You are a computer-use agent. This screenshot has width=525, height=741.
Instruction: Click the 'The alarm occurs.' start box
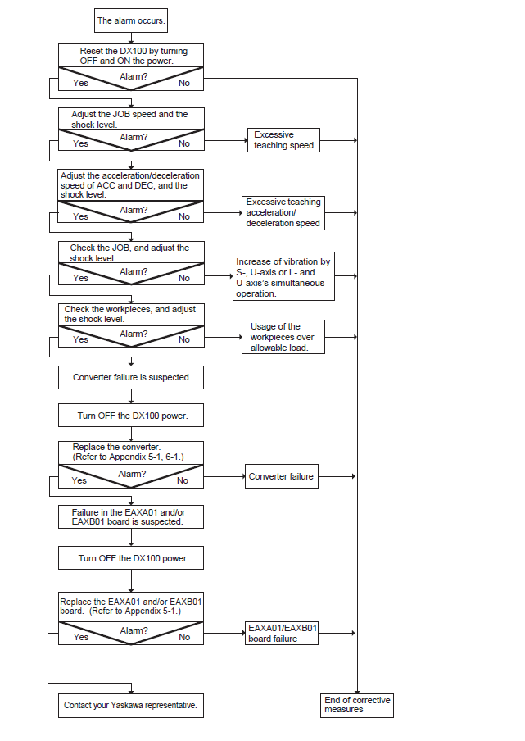click(x=131, y=20)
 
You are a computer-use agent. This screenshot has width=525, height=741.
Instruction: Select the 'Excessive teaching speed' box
click(x=283, y=140)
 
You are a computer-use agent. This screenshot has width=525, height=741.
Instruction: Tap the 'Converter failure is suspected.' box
click(x=131, y=377)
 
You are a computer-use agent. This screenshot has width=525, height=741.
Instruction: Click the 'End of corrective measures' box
click(x=357, y=705)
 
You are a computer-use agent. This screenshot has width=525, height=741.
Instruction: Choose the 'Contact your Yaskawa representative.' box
click(x=131, y=705)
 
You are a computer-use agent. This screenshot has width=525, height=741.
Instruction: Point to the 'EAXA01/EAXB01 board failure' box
click(x=282, y=634)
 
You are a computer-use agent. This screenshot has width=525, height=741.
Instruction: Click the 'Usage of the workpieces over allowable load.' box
click(x=283, y=337)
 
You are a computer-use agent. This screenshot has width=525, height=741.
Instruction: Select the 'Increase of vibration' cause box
click(x=283, y=276)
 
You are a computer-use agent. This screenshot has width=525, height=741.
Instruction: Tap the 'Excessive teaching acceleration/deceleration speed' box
click(x=283, y=212)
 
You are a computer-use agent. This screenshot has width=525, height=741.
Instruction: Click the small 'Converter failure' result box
click(x=282, y=476)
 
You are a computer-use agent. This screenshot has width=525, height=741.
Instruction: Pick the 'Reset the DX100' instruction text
click(x=134, y=56)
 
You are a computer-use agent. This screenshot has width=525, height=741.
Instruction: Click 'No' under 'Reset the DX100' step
click(x=184, y=83)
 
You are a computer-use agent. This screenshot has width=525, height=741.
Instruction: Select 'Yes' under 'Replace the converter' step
click(x=79, y=480)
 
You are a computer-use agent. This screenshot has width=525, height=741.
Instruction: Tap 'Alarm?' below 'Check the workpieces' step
click(x=134, y=334)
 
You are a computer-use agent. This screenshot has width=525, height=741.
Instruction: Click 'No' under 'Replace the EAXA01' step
click(x=184, y=637)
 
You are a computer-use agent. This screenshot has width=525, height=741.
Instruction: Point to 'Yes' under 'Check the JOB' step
click(x=81, y=278)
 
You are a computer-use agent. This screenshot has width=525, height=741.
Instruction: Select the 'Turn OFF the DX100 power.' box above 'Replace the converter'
click(x=131, y=416)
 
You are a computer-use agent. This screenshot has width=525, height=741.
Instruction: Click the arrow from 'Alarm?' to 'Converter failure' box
click(x=224, y=476)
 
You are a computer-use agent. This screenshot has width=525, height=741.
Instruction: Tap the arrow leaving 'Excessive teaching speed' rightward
click(x=338, y=140)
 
